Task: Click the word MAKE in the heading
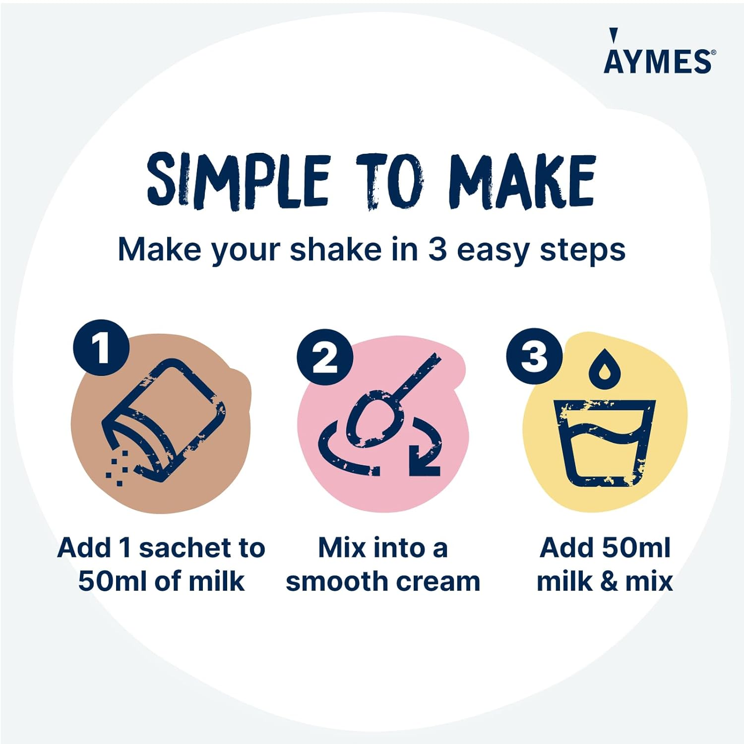click(x=522, y=181)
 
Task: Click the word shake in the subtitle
click(x=335, y=249)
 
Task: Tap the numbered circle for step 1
click(x=101, y=348)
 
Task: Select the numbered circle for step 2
click(x=325, y=357)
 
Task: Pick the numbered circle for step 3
click(x=534, y=357)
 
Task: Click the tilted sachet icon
click(x=164, y=419)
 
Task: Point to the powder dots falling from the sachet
click(x=118, y=469)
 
